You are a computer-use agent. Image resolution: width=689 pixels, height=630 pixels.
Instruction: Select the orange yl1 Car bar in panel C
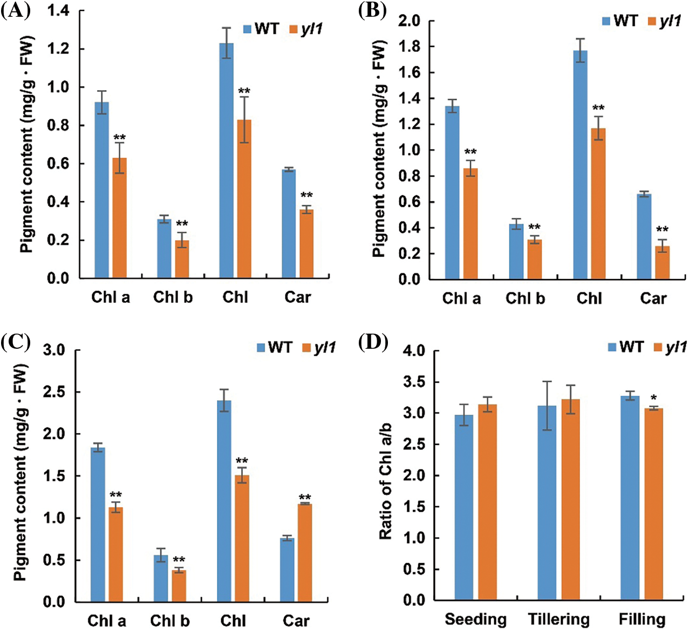point(305,553)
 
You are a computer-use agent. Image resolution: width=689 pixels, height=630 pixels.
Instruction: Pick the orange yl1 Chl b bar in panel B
point(534,259)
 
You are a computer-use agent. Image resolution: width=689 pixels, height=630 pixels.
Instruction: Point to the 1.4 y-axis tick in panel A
point(58,11)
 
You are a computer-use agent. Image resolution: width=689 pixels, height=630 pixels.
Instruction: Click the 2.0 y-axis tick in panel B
point(409,21)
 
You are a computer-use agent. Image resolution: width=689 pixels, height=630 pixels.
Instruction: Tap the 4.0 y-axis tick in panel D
point(414,351)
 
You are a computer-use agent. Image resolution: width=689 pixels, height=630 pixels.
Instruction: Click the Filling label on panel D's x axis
point(642,619)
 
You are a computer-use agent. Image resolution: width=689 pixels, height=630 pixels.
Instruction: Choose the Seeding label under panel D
point(475,619)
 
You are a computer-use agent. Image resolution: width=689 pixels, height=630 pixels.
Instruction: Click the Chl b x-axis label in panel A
point(173,297)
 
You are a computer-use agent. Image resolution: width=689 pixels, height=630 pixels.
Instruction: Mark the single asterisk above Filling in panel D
point(653,399)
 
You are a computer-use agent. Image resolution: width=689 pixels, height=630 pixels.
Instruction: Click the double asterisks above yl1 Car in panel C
point(305,498)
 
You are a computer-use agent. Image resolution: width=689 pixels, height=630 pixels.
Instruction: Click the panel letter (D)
point(373,343)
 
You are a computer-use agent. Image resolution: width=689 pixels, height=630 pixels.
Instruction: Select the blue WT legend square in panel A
point(247,29)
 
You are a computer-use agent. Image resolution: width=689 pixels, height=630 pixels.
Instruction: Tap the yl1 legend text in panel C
point(325,347)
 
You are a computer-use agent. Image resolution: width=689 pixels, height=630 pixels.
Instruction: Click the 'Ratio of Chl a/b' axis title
point(385,481)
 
